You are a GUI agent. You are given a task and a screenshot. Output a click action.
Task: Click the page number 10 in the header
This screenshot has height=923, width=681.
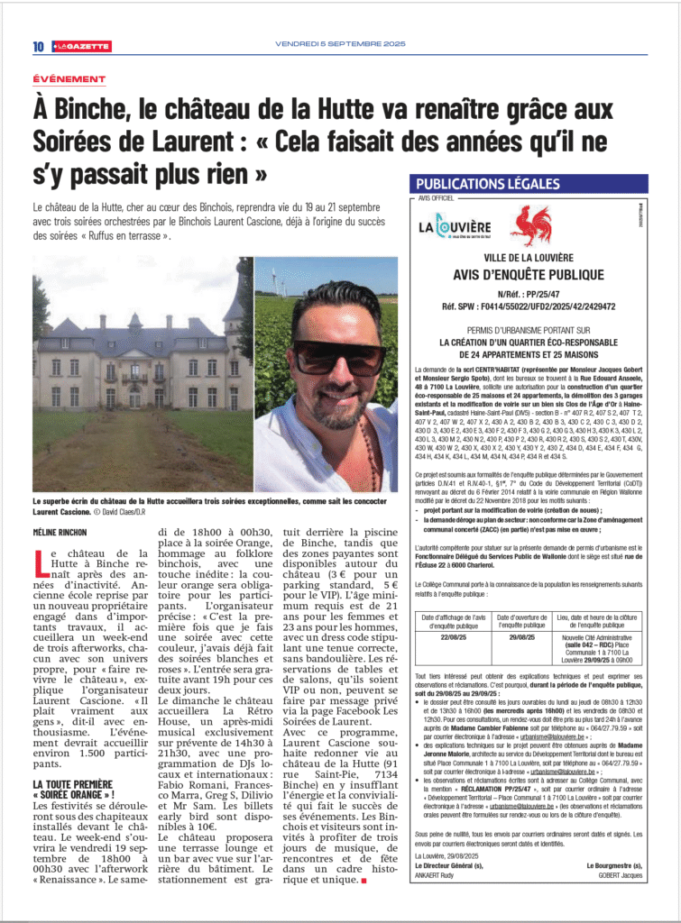coord(39,46)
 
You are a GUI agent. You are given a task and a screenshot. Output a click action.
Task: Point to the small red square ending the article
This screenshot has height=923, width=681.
coord(363,880)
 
